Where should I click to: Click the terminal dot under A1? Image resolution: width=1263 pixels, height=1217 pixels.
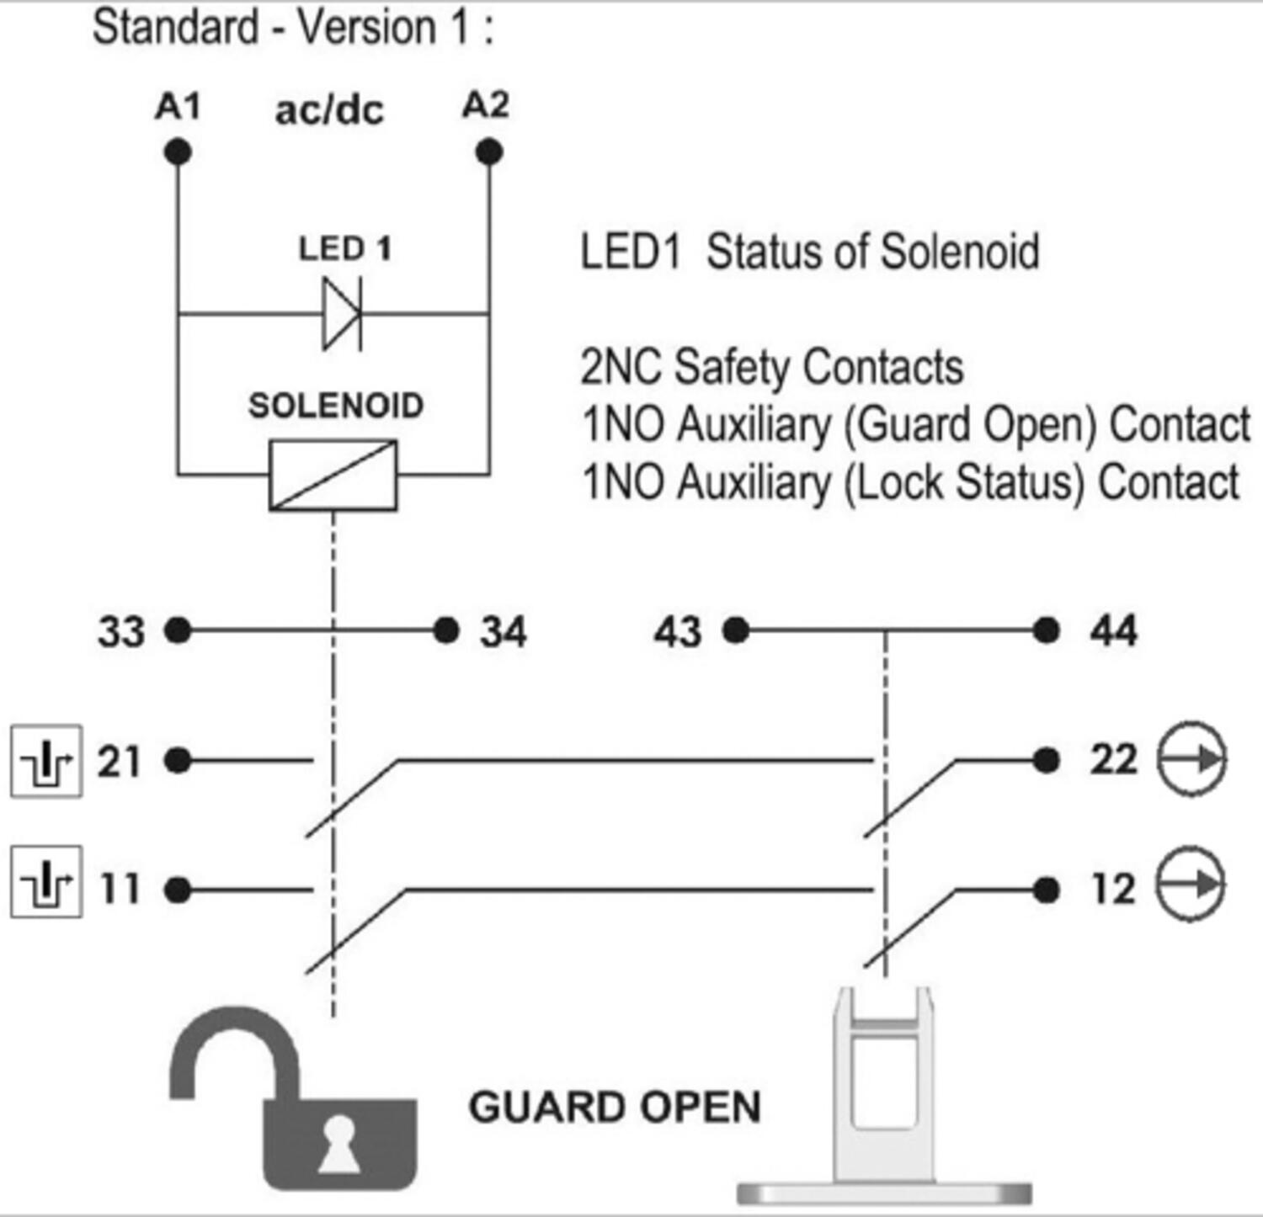178,152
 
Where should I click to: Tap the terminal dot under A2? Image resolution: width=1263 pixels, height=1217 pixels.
489,152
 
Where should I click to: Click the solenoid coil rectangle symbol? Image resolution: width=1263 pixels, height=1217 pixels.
333,476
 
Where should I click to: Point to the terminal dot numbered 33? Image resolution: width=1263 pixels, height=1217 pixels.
178,630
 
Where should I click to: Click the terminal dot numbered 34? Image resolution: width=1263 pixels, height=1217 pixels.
445,630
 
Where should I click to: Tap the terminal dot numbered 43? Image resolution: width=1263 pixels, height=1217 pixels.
736,630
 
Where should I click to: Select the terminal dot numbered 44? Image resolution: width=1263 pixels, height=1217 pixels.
1046,630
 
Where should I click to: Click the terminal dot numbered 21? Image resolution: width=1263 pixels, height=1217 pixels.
178,761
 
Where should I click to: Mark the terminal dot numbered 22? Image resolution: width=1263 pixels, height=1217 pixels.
1046,761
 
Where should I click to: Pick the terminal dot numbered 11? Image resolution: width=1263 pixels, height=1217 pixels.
178,890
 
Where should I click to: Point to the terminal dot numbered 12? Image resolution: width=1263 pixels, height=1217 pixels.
1046,890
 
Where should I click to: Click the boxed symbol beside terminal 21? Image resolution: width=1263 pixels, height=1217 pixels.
46,761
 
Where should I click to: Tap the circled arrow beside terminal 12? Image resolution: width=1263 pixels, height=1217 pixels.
1190,884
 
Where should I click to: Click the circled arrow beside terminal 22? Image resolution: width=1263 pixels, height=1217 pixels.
1191,759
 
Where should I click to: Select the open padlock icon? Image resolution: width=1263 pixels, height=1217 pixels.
292,1097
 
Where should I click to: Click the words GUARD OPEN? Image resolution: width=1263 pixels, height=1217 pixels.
615,1107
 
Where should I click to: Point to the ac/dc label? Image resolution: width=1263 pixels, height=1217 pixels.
329,110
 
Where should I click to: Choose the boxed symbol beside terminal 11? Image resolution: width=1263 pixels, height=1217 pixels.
46,881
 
